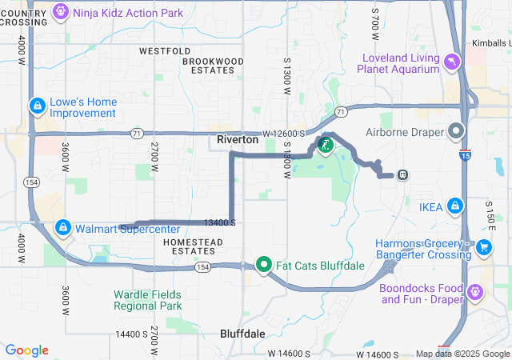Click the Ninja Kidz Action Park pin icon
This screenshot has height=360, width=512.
click(x=61, y=12)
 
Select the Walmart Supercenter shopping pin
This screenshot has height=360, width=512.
click(x=63, y=228)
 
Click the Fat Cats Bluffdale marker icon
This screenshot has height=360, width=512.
click(x=265, y=264)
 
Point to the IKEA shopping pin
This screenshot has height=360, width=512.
click(x=455, y=206)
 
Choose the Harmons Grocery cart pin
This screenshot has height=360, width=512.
click(x=483, y=248)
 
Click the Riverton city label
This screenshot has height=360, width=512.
click(x=238, y=139)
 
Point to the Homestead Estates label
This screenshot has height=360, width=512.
click(x=189, y=246)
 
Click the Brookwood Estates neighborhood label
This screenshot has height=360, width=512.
click(x=212, y=66)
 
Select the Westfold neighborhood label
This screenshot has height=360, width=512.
click(x=164, y=50)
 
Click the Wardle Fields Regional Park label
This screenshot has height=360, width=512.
click(x=147, y=299)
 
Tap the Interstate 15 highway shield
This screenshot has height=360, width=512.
click(x=466, y=152)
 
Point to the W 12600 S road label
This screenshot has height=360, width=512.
click(x=284, y=133)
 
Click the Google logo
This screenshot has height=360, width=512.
click(x=26, y=350)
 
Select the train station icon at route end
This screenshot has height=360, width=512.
click(x=403, y=174)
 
